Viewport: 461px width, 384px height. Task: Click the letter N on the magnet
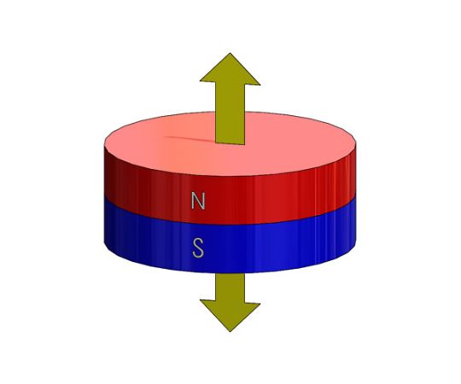tap(198, 201)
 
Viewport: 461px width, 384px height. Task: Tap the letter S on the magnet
tap(198, 248)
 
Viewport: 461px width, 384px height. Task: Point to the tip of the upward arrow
tap(230, 54)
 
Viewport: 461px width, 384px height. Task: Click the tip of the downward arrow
tap(230, 332)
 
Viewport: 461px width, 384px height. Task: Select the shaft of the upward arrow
tap(230, 113)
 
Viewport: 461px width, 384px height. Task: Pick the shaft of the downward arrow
tap(230, 288)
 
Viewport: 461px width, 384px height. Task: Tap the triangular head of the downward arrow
tap(230, 314)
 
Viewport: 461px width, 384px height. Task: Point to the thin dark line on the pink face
tap(190, 139)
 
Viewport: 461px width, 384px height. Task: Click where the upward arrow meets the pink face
tap(230, 143)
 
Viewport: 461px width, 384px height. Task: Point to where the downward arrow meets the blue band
tap(230, 273)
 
